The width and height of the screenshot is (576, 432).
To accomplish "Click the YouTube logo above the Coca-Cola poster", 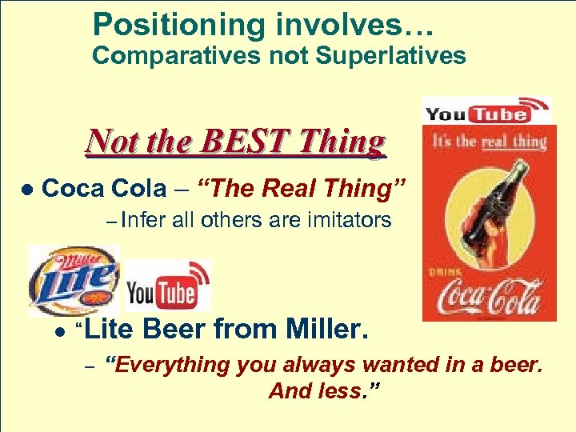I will pyautogui.click(x=486, y=110).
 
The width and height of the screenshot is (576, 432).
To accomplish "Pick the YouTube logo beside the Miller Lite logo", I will pyautogui.click(x=168, y=286).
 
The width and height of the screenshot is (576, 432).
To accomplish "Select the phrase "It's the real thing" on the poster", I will pyautogui.click(x=489, y=142).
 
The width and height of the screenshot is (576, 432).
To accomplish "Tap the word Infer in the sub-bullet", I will pyautogui.click(x=145, y=220).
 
